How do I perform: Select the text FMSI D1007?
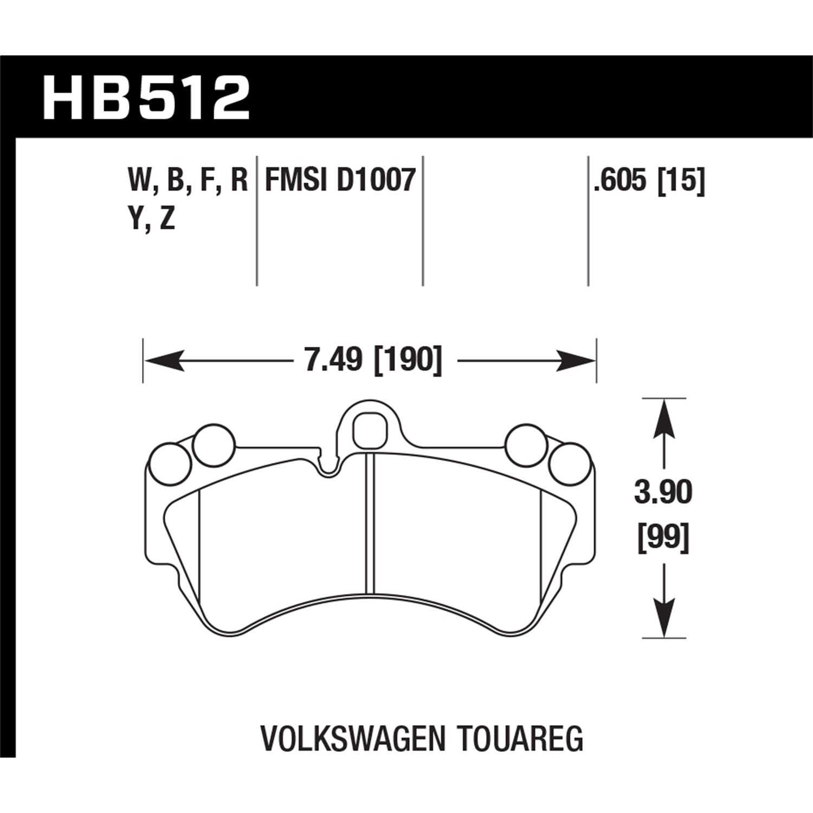[x=340, y=180]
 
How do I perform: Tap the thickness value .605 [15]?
[x=649, y=180]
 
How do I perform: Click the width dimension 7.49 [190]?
[x=373, y=360]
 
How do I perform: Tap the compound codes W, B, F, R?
[x=188, y=180]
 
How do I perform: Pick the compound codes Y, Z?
[x=152, y=220]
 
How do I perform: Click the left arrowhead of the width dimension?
[x=163, y=360]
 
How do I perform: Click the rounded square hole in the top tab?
[x=370, y=428]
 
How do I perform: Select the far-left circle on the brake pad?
[x=170, y=464]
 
